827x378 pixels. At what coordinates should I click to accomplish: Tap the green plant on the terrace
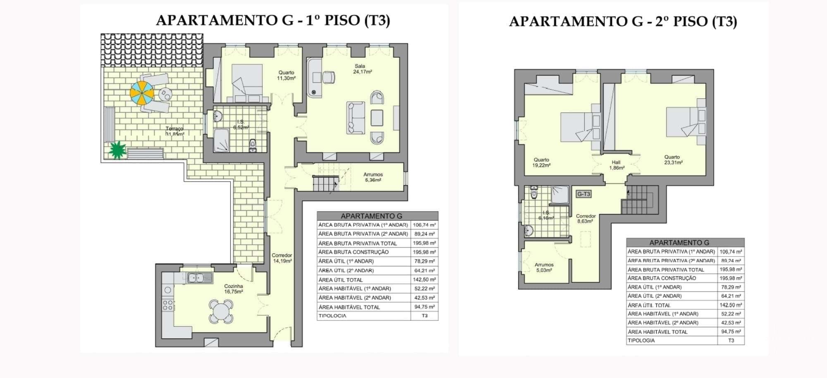(x=117, y=150)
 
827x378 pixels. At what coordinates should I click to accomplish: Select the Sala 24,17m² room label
(x=362, y=69)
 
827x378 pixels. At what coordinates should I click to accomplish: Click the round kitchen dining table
(x=221, y=311)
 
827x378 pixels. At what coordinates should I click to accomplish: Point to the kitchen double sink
(x=200, y=278)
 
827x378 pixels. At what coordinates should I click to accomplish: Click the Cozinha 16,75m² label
(x=233, y=288)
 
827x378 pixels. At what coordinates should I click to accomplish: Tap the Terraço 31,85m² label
(x=174, y=131)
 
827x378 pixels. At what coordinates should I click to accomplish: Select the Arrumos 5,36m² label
(x=373, y=177)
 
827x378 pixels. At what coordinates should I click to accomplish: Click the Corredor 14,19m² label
(x=282, y=258)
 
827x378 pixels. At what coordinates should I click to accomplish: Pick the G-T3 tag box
(x=583, y=194)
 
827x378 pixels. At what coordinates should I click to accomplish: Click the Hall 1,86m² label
(x=616, y=165)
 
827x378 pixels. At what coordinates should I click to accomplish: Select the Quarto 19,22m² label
(x=541, y=162)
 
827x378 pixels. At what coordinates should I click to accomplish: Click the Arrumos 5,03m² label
(x=544, y=267)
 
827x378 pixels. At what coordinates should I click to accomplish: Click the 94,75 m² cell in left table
(x=424, y=307)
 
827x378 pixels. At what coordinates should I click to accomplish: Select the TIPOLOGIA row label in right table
(x=641, y=340)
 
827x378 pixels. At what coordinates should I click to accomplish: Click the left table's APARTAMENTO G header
(x=371, y=216)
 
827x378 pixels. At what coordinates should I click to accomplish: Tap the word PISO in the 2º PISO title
(x=690, y=21)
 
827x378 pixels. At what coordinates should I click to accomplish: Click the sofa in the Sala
(x=356, y=118)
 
